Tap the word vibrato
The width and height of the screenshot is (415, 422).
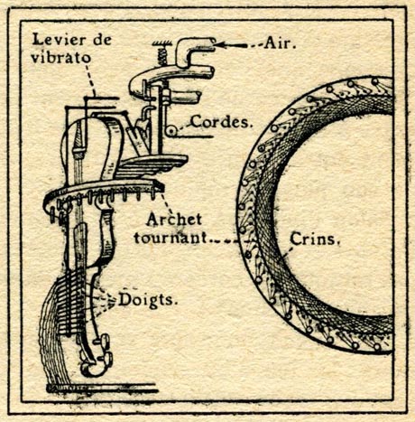pyautogui.click(x=60, y=57)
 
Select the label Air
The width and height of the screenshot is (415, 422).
pyautogui.click(x=280, y=43)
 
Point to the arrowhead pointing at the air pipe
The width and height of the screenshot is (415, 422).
pyautogui.click(x=221, y=45)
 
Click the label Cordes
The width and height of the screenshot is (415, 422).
pyautogui.click(x=221, y=122)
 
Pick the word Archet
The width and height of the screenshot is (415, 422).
pyautogui.click(x=174, y=220)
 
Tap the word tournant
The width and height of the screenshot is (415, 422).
pyautogui.click(x=171, y=238)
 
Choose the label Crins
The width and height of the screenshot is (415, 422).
pyautogui.click(x=314, y=239)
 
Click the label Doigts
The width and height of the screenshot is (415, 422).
pyautogui.click(x=146, y=300)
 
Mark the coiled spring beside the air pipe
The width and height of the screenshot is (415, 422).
pyautogui.click(x=161, y=56)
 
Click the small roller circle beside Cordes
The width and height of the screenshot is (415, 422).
pyautogui.click(x=171, y=131)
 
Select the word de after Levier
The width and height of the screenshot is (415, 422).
pyautogui.click(x=102, y=40)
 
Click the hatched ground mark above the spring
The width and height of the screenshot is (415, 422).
pyautogui.click(x=161, y=44)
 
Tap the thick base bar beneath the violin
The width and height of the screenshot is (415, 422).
pyautogui.click(x=102, y=389)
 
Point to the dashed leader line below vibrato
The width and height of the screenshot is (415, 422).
pyautogui.click(x=89, y=79)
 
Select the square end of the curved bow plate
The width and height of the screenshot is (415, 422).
pyautogui.click(x=160, y=186)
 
